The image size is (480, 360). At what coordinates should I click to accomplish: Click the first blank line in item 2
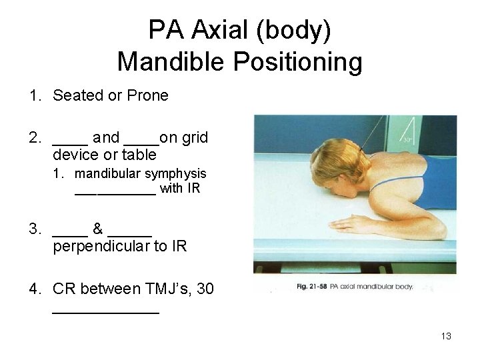pyautogui.click(x=70, y=142)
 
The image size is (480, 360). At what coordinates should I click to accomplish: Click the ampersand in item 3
pyautogui.click(x=97, y=229)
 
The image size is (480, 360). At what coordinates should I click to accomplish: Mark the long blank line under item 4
pyautogui.click(x=105, y=311)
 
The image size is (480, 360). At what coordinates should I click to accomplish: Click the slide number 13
pyautogui.click(x=446, y=336)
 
